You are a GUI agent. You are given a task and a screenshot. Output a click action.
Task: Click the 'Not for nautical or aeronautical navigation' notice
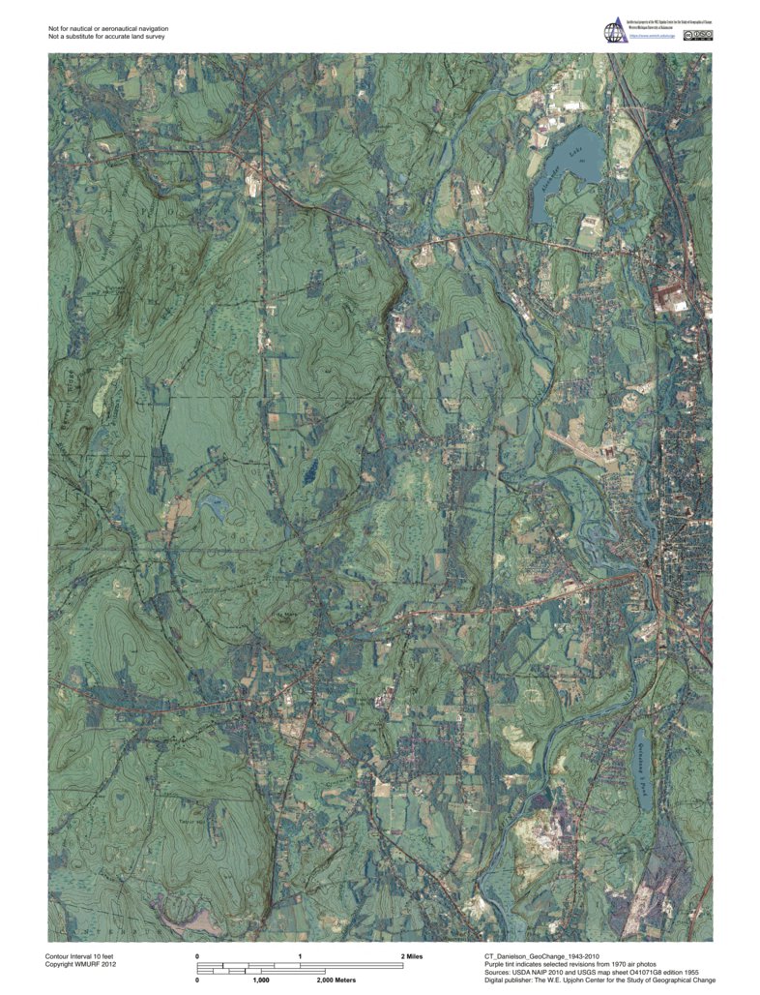point(108,28)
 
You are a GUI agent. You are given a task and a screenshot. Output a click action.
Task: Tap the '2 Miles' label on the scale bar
point(412,956)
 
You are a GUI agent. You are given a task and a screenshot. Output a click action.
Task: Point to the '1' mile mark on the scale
point(301,956)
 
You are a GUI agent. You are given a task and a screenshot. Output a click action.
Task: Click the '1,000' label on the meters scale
point(260,980)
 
